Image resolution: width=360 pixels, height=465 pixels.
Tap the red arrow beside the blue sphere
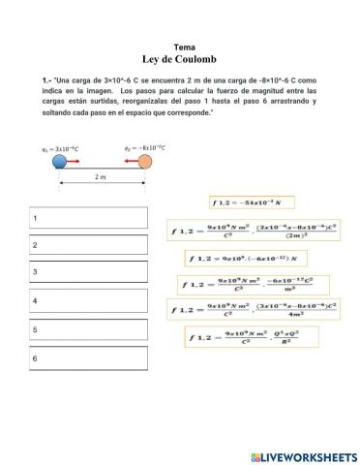pyautogui.click(x=75, y=163)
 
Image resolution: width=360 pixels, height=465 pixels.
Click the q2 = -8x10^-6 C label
pyautogui.click(x=144, y=148)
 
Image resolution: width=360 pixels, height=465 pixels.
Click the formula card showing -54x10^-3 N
pyautogui.click(x=250, y=202)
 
